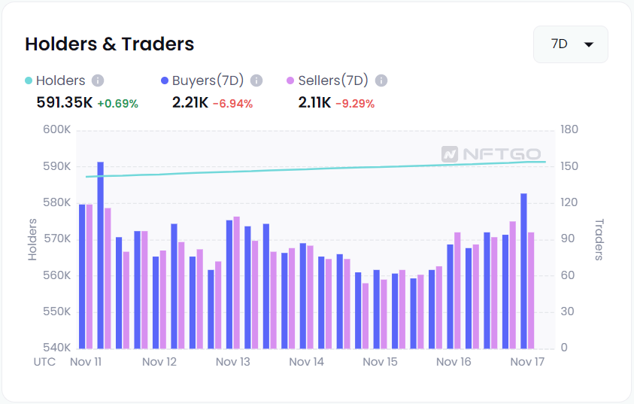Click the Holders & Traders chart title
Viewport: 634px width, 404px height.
click(109, 44)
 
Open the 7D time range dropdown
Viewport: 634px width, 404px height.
click(570, 44)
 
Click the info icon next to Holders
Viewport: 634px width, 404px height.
click(98, 80)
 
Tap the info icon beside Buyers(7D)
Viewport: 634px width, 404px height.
click(256, 80)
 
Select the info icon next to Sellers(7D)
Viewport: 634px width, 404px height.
click(381, 80)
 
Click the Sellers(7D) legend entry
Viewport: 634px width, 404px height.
click(332, 80)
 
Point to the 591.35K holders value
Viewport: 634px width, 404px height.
click(64, 102)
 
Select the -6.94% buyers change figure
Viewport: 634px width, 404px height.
click(232, 103)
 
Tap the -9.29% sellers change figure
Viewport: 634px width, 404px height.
click(354, 103)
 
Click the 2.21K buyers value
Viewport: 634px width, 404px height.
click(190, 102)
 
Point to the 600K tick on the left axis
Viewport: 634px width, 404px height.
click(56, 130)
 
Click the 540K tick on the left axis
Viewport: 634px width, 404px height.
click(56, 348)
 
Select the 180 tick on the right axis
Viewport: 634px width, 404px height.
click(569, 130)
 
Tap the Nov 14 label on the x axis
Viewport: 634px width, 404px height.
click(306, 362)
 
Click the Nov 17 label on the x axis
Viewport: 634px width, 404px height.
click(527, 362)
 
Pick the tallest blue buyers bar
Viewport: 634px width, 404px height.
click(101, 255)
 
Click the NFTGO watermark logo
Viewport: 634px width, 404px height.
click(490, 153)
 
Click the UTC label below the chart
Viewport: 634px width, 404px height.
click(44, 362)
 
